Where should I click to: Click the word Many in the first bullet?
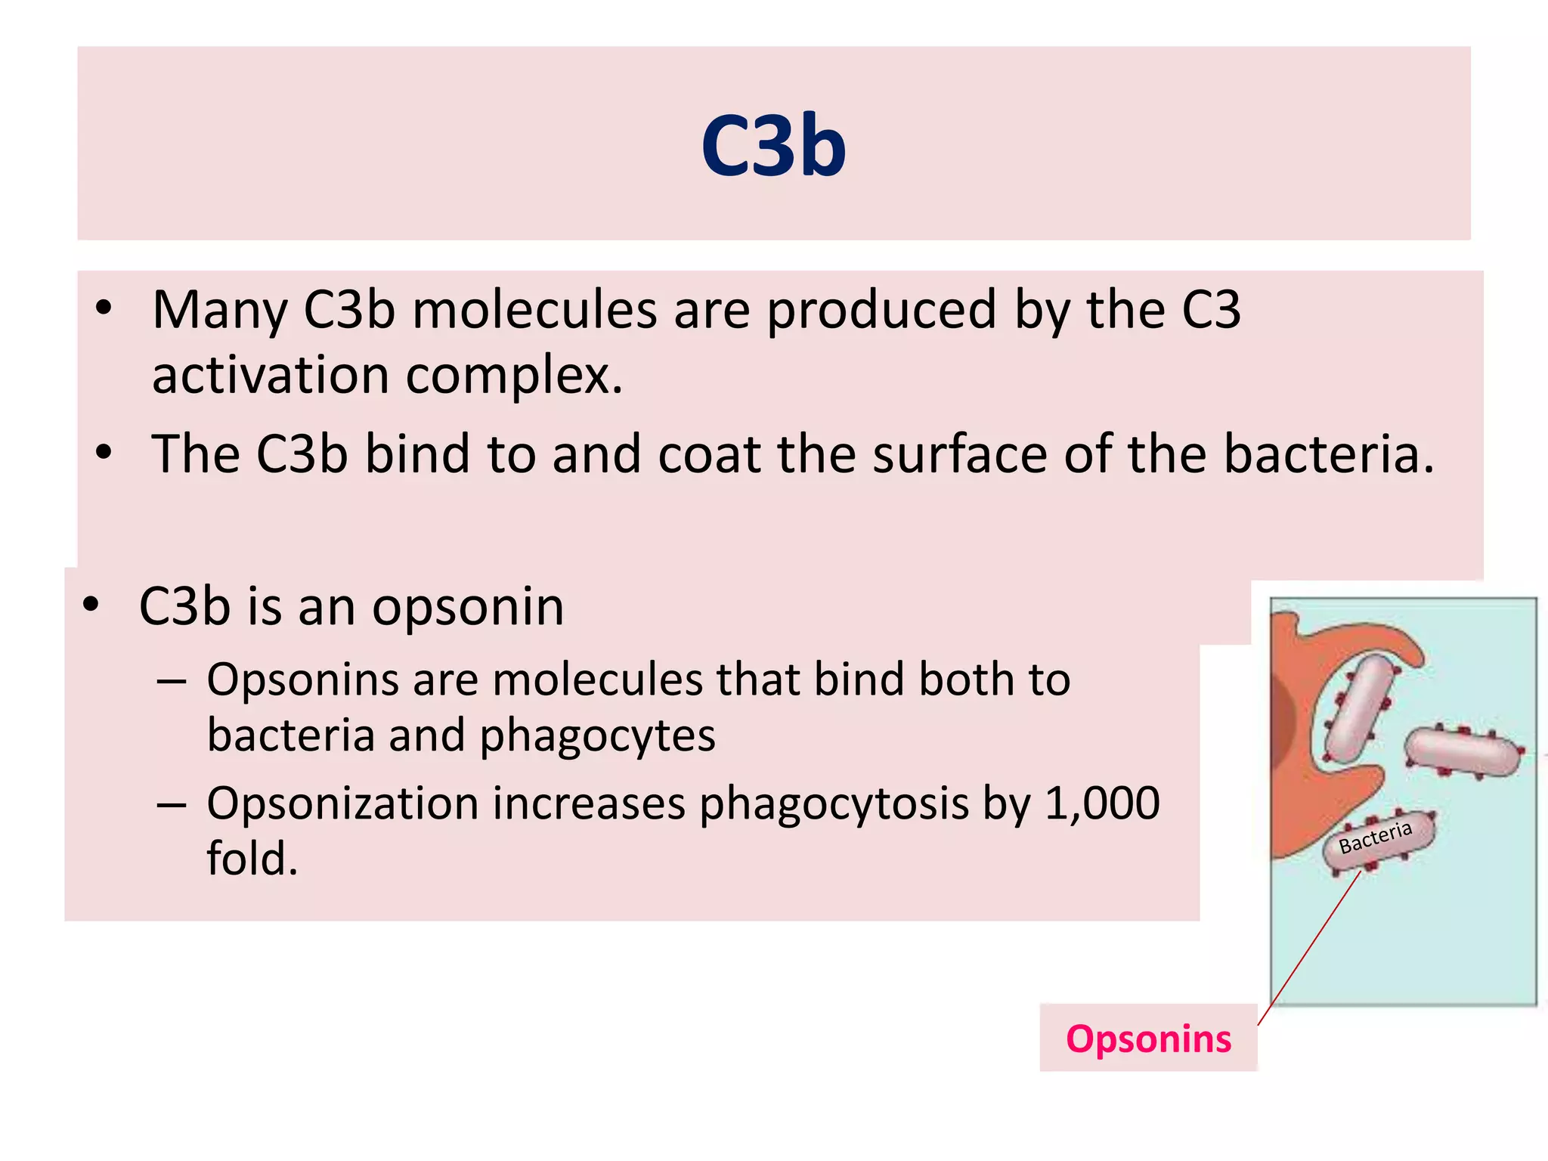point(220,310)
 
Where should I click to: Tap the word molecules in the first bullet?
point(534,310)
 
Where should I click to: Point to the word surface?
point(960,454)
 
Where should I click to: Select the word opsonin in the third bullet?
point(468,607)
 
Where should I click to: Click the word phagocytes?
point(597,735)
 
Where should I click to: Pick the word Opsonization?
point(342,803)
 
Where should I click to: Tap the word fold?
point(252,859)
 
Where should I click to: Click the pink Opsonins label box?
point(1147,1039)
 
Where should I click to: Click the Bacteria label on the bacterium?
point(1376,837)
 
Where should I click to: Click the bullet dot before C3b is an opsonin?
point(91,605)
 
